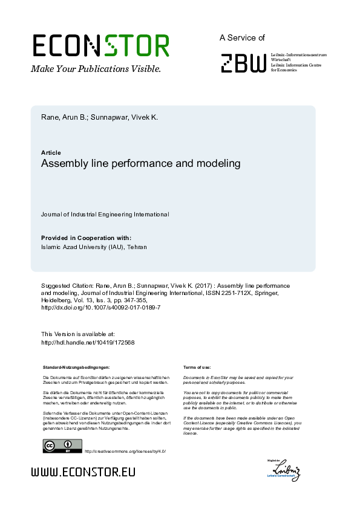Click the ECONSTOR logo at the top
pos(100,46)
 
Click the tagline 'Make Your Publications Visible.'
pos(96,69)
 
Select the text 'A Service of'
pos(242,37)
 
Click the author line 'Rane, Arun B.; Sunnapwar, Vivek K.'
pos(99,117)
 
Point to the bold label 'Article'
pos(51,153)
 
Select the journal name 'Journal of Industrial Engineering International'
pos(105,215)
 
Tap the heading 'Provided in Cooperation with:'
pos(86,238)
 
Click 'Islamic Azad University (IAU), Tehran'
pos(94,247)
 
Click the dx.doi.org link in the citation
pos(100,307)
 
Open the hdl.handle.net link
pos(88,343)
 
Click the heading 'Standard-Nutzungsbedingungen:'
pos(76,367)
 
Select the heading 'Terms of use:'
pos(197,367)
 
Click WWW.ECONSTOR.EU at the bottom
pos(83,472)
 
